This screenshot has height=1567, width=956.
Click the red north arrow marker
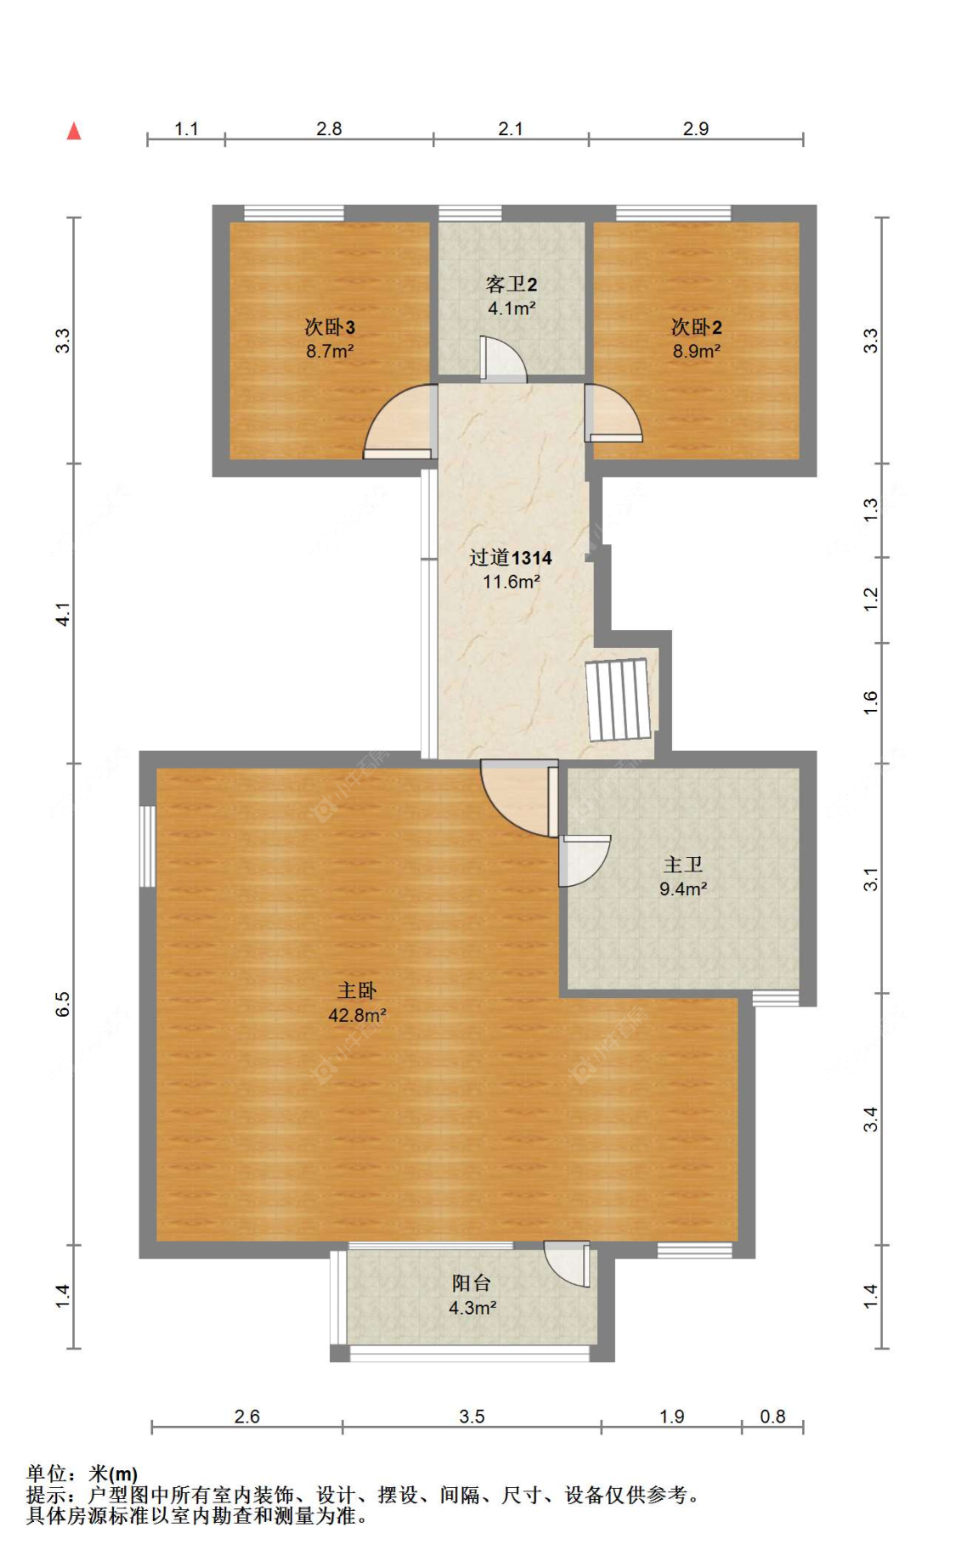point(74,131)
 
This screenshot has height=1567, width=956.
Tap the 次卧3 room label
point(330,327)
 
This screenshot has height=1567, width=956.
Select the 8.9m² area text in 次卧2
point(696,351)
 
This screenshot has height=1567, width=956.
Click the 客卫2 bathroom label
point(511,285)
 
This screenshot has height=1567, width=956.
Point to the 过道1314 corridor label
point(510,558)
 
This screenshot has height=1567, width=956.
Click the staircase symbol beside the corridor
point(619,699)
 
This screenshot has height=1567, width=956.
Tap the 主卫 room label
point(682,865)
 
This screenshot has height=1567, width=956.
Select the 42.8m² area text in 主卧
point(357,1015)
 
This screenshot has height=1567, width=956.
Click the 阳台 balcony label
point(471,1283)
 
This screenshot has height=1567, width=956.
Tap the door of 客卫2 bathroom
point(502,360)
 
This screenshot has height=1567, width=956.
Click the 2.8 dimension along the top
point(329,129)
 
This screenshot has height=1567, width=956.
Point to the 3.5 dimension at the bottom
point(472,1416)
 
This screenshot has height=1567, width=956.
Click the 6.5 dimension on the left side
point(63,1004)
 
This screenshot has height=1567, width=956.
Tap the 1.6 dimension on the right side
point(870,702)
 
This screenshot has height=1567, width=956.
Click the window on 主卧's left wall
point(147,846)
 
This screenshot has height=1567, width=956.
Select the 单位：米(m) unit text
point(82,1474)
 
